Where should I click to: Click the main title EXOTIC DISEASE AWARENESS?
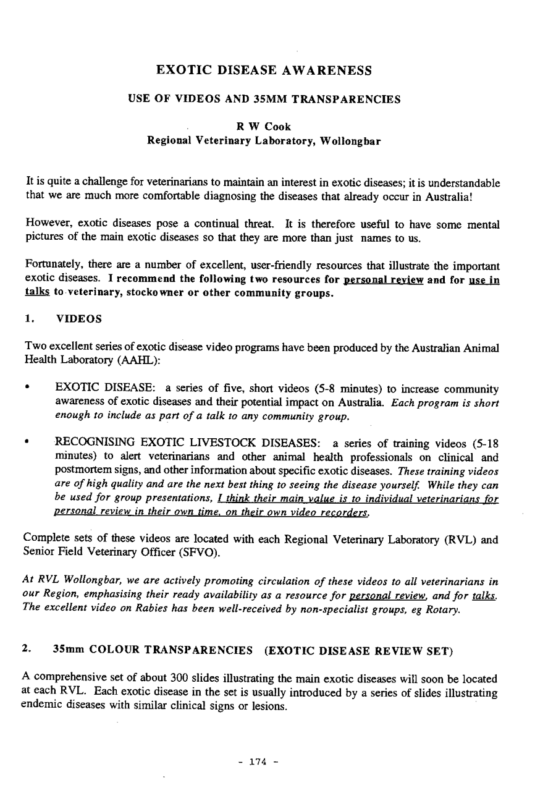point(264,70)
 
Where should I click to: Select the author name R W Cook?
point(264,127)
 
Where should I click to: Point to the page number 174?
point(256,761)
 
